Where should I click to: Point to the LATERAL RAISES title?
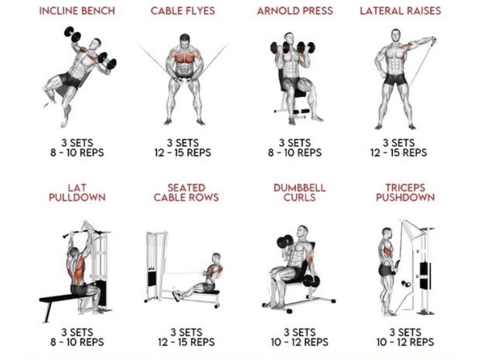coord(400,11)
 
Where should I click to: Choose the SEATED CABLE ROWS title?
coord(186,192)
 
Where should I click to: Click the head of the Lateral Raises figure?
coord(391,39)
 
